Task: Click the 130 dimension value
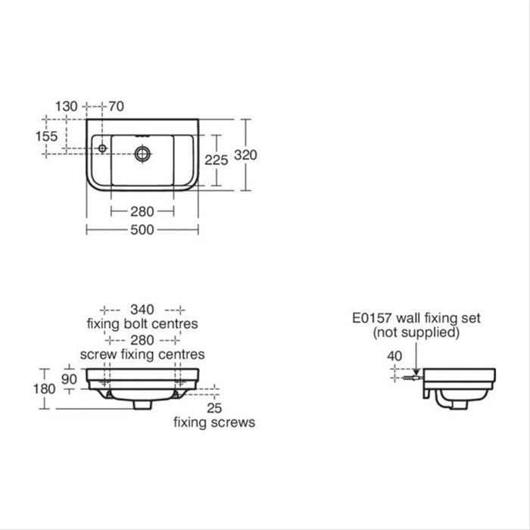(67, 107)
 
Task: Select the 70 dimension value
(117, 107)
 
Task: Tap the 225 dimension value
(217, 160)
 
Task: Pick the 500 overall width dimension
(142, 230)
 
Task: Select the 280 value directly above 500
(142, 211)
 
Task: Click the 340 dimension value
(142, 309)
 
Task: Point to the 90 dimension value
(70, 377)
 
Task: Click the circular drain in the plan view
(142, 154)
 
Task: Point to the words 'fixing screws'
(214, 422)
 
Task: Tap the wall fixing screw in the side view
(411, 375)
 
